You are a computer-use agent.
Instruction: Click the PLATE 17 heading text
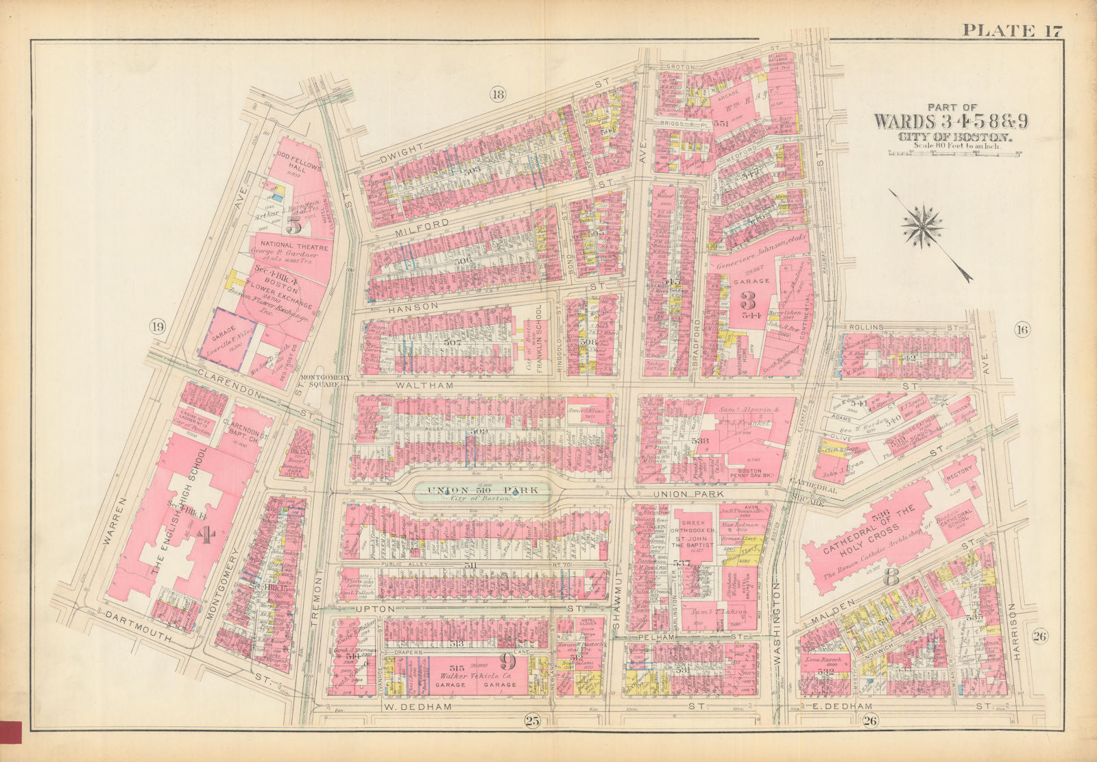click(x=1012, y=29)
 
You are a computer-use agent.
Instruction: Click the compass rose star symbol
click(x=922, y=227)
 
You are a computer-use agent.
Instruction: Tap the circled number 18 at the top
click(x=498, y=95)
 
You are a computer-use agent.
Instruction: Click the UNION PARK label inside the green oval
click(x=481, y=490)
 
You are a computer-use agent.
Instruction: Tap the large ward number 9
click(x=507, y=661)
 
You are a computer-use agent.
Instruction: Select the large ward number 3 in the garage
click(x=747, y=300)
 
